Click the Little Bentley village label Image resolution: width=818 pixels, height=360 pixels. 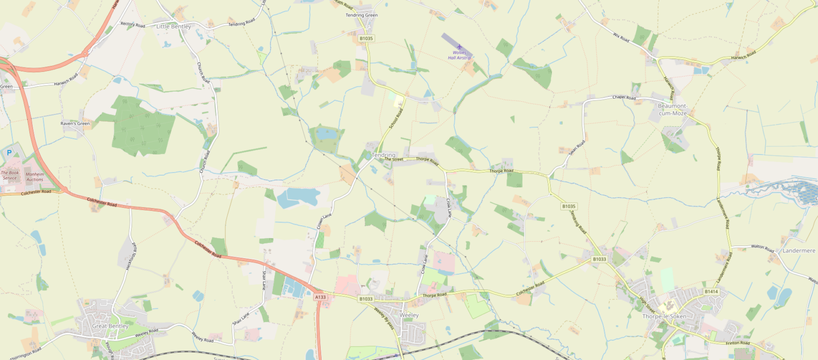(x=174, y=26)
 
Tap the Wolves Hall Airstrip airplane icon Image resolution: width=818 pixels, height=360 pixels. (x=459, y=47)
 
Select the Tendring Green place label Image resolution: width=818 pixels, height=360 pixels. (x=362, y=15)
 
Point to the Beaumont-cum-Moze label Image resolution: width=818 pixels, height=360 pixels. (x=673, y=109)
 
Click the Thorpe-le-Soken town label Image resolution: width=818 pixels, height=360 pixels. (x=664, y=316)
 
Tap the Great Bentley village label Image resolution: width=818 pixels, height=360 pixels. (x=110, y=326)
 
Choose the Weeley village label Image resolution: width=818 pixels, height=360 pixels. (x=409, y=315)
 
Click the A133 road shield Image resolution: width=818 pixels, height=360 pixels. (x=320, y=297)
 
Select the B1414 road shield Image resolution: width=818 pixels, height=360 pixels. (x=711, y=291)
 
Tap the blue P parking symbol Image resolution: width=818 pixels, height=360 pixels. (x=9, y=152)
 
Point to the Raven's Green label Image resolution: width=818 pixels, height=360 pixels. (x=75, y=124)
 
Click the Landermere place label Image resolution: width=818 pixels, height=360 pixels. (x=799, y=250)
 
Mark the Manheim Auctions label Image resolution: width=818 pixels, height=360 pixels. (x=35, y=176)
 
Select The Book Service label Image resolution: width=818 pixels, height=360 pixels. (x=10, y=175)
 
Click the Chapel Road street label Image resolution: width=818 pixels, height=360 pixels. (x=624, y=97)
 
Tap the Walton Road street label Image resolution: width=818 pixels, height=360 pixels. (x=762, y=248)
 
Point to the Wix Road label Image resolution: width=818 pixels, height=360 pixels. (x=621, y=38)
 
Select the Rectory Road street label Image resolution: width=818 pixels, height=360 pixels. (x=133, y=24)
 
